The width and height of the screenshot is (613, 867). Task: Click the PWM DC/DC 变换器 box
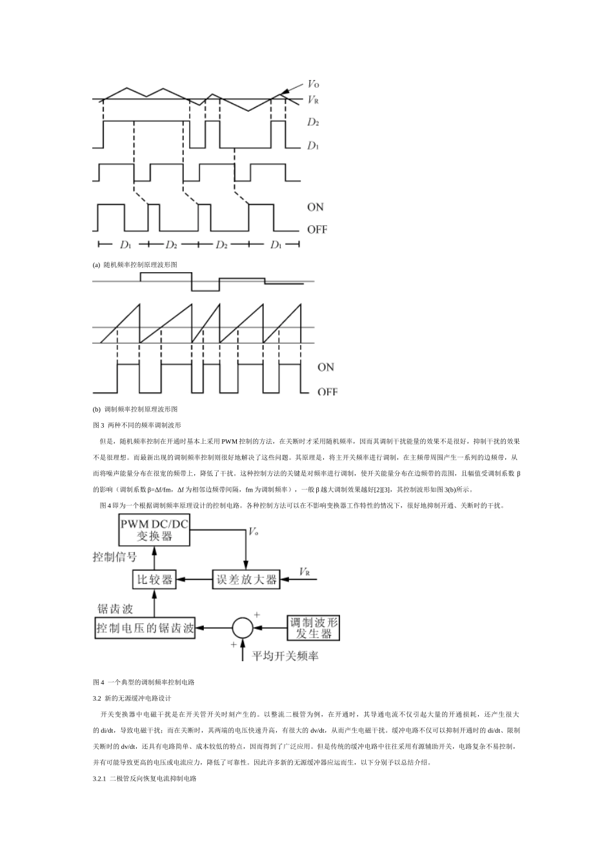click(x=154, y=530)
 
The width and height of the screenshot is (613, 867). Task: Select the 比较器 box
click(x=155, y=579)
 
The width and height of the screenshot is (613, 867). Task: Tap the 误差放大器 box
click(x=246, y=579)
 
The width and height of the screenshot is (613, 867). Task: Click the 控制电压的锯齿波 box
click(x=146, y=628)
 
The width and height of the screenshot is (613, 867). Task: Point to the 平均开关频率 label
click(x=285, y=656)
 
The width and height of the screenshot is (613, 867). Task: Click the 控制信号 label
click(x=115, y=557)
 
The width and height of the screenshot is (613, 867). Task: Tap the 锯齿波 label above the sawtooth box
click(x=116, y=609)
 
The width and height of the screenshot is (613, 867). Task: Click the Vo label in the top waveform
click(x=314, y=84)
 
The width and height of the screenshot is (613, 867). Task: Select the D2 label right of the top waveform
click(x=314, y=122)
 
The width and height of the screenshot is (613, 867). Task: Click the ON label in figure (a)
click(x=316, y=207)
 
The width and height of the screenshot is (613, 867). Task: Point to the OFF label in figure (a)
click(x=317, y=230)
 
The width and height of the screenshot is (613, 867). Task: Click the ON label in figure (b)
click(x=326, y=367)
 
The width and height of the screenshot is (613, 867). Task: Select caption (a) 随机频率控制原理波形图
click(x=135, y=265)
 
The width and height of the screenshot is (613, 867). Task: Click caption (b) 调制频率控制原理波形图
click(x=135, y=409)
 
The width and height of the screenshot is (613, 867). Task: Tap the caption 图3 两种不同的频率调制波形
click(x=137, y=425)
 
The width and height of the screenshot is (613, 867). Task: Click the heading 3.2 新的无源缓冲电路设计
click(x=132, y=698)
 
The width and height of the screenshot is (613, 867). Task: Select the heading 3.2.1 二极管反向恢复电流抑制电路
click(x=145, y=779)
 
